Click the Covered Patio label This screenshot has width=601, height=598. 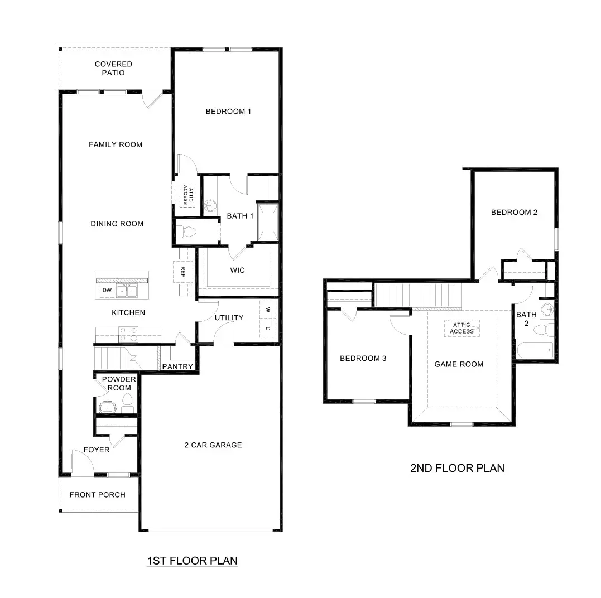[113, 69]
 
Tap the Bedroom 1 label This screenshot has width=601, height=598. [228, 112]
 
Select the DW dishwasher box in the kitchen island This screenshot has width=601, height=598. [106, 291]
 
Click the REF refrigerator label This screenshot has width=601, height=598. [182, 272]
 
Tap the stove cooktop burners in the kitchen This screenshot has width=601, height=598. [129, 334]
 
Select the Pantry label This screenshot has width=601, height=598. [177, 367]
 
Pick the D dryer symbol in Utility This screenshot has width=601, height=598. [268, 329]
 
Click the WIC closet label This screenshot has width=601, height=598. [238, 271]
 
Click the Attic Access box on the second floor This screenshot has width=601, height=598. [461, 328]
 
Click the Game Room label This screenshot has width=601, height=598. [459, 364]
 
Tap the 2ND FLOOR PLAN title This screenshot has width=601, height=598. [457, 468]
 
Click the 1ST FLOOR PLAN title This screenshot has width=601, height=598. [192, 561]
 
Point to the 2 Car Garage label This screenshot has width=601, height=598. [213, 445]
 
